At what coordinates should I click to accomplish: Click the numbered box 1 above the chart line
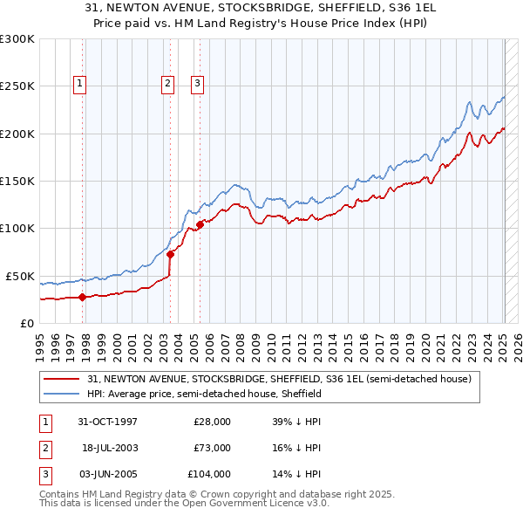[x=79, y=84]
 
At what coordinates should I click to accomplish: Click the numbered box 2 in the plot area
[x=166, y=84]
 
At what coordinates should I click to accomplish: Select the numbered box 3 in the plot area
[x=197, y=84]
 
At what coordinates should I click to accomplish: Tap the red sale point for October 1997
[x=82, y=297]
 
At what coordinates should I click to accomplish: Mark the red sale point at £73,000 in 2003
[x=170, y=254]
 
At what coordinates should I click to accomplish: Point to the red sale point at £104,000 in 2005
[x=200, y=224]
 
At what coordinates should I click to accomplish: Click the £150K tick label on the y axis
[x=17, y=181]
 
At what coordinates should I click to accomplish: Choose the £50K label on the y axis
[x=21, y=276]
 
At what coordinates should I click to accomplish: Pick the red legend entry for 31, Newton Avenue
[x=279, y=379]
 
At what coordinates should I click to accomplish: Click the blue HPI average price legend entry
[x=204, y=394]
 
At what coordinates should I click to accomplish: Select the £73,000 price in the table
[x=211, y=448]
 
